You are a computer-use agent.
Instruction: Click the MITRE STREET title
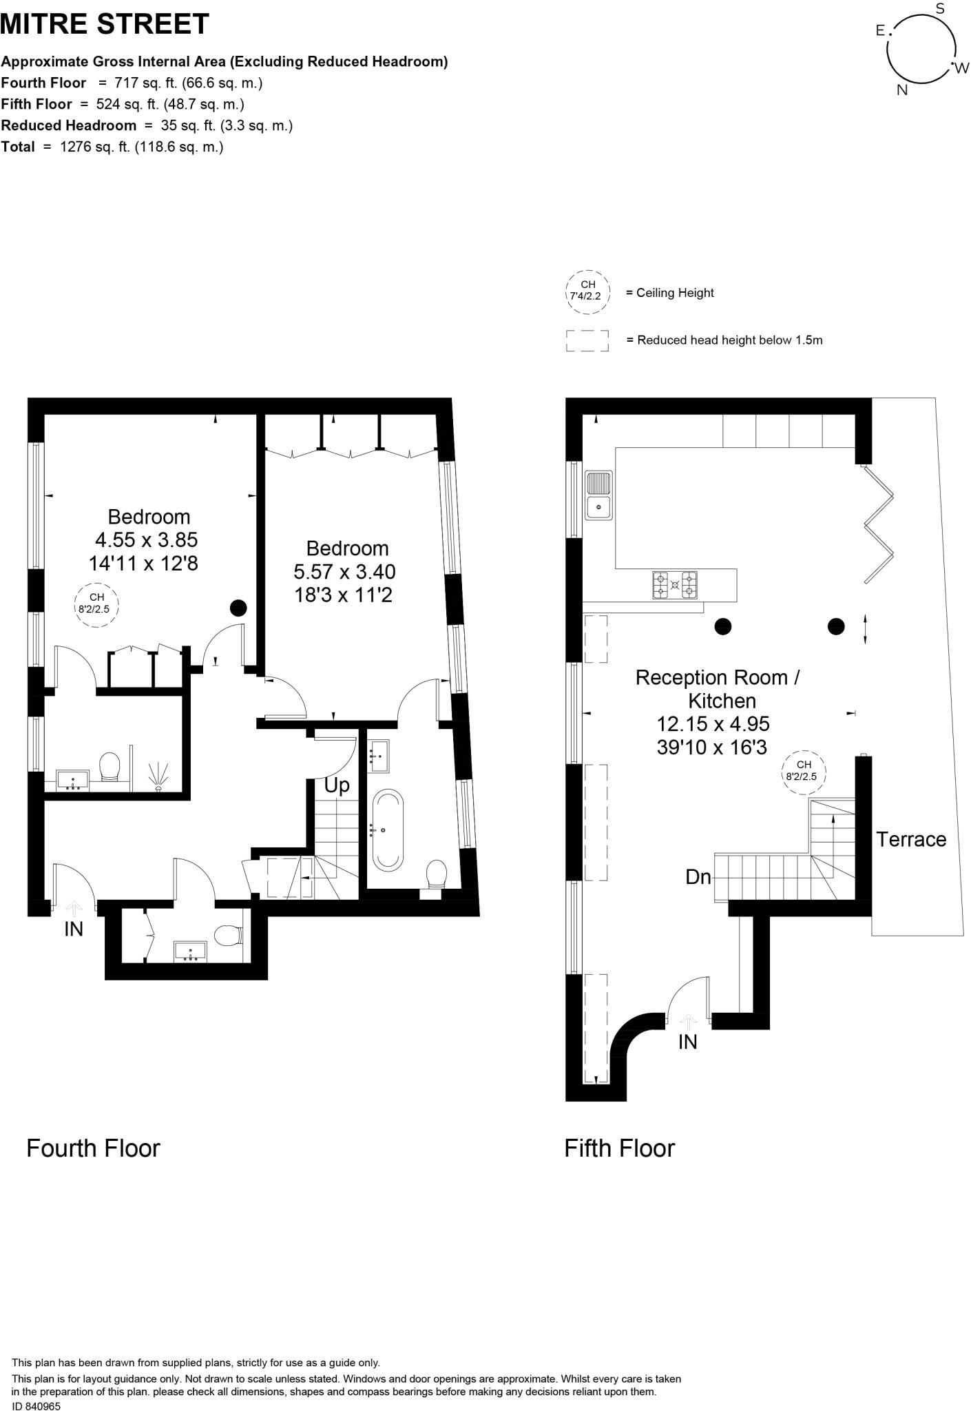coord(105,25)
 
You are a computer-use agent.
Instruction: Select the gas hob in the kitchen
coord(675,585)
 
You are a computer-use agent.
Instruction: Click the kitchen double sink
coord(598,495)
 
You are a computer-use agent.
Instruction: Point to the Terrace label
coord(910,839)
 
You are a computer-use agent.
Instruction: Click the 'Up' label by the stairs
coord(337,785)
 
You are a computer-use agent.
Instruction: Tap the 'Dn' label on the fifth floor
coord(698,877)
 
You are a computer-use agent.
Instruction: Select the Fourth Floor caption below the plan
coord(93,1148)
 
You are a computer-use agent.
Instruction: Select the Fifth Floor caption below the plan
coord(619,1148)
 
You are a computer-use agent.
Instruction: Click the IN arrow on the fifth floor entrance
coord(688,1022)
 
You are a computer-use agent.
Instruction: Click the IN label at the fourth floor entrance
coord(74,929)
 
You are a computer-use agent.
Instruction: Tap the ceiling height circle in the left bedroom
coord(96,604)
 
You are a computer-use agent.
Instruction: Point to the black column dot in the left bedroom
coord(238,608)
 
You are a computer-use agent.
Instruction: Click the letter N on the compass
coord(902,90)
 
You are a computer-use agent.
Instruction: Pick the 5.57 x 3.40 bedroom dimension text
coord(344,572)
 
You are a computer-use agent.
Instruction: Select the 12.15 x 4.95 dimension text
coord(713,724)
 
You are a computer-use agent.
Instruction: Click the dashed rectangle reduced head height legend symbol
coord(587,340)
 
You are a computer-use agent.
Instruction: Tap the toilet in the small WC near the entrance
coord(227,936)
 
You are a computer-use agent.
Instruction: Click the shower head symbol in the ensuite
coord(159,776)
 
